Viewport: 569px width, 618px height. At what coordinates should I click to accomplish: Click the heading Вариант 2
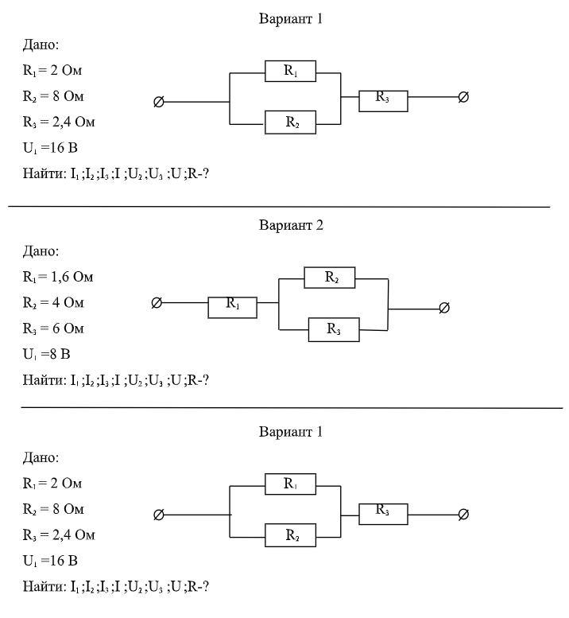click(291, 225)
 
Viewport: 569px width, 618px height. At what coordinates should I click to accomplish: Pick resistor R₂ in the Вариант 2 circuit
click(330, 278)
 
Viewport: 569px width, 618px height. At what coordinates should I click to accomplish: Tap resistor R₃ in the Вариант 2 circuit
click(334, 328)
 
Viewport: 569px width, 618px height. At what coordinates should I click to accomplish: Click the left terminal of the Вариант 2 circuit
click(157, 303)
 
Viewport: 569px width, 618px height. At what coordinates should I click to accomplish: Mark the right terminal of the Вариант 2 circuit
click(444, 308)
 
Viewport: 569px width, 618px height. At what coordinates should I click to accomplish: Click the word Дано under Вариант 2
click(41, 251)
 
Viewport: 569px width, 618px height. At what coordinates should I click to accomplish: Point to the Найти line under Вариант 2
click(116, 380)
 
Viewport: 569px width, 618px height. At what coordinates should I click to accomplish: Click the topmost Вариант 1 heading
click(291, 18)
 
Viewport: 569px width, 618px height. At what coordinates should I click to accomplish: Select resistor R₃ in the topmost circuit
click(383, 99)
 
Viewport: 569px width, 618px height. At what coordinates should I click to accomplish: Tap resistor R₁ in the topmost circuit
click(290, 71)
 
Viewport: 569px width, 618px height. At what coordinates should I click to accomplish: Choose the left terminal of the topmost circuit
click(158, 102)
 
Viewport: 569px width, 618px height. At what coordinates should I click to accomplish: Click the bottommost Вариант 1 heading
click(291, 432)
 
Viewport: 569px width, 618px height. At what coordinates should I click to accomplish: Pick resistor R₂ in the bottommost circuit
click(290, 536)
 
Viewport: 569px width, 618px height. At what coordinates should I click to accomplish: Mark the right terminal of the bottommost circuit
click(463, 515)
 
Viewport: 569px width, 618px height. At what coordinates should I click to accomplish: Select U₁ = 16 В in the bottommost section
click(50, 561)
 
